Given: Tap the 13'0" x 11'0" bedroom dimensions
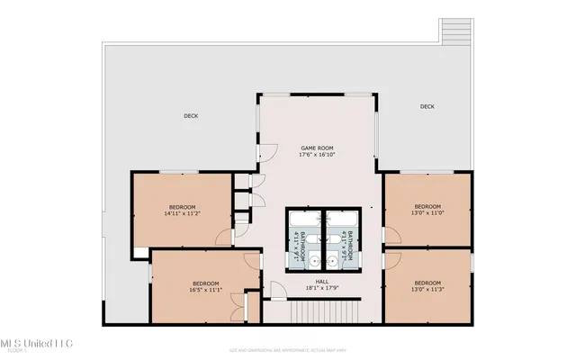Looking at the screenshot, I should pos(427,213).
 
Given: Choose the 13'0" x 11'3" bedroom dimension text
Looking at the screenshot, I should pos(427,290).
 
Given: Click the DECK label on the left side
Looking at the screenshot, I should pos(191,115).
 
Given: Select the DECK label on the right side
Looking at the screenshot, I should pos(427,107).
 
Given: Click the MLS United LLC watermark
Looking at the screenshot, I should pos(36,345).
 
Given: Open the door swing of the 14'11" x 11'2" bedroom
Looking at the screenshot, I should pos(223,237).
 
